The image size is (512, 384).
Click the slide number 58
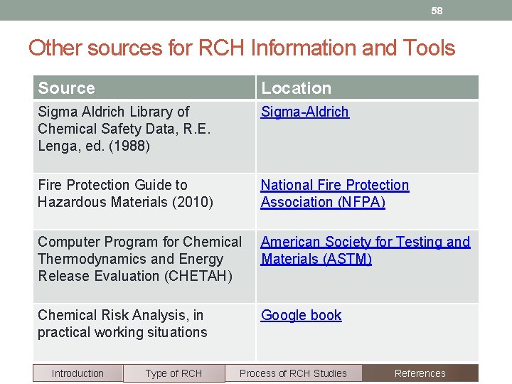click(437, 11)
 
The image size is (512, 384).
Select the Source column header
click(66, 88)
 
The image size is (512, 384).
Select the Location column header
click(296, 88)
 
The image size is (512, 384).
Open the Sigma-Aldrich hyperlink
click(304, 112)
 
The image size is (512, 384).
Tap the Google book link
click(301, 315)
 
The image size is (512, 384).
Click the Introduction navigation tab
click(78, 373)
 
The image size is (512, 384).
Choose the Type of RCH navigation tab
click(174, 373)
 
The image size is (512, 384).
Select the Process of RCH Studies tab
click(293, 373)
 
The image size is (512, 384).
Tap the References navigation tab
click(420, 373)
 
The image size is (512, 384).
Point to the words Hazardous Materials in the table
click(102, 202)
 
